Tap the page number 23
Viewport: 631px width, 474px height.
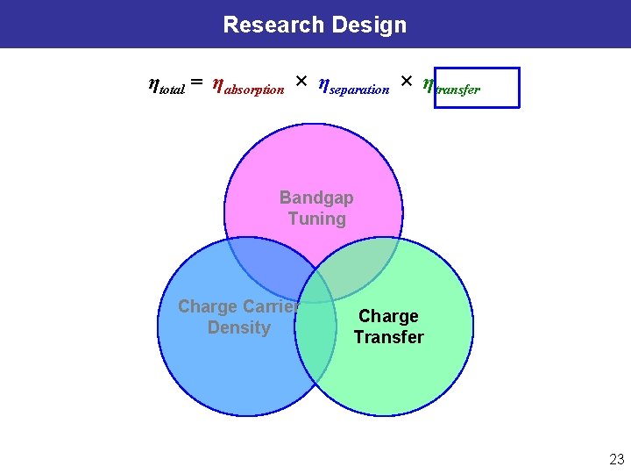click(x=616, y=459)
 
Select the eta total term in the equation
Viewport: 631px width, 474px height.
click(x=166, y=85)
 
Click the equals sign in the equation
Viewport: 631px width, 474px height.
click(x=197, y=83)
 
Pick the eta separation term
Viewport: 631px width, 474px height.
click(x=353, y=86)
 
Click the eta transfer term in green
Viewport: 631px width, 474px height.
click(x=451, y=86)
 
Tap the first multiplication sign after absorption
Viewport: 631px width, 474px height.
click(x=301, y=82)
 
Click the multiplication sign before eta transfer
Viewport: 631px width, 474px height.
click(x=406, y=82)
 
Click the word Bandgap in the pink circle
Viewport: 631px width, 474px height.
click(x=316, y=198)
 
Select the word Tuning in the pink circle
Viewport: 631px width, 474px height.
click(x=317, y=219)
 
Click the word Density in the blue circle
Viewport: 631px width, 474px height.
click(x=238, y=328)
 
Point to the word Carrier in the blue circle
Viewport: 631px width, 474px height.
click(x=271, y=307)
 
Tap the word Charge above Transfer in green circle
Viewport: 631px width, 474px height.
click(x=388, y=316)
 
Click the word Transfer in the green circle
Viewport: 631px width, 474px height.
click(x=388, y=337)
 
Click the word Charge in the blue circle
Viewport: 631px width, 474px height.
click(x=208, y=307)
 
